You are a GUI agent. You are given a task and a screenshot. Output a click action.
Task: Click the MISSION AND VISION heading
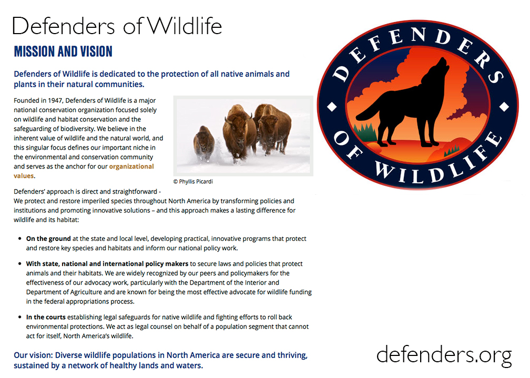[63, 51]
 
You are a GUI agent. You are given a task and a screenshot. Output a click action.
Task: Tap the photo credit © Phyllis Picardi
[193, 182]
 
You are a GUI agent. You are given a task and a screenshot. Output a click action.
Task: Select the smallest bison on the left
[204, 143]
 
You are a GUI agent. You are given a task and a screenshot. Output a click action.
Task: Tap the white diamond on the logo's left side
[332, 107]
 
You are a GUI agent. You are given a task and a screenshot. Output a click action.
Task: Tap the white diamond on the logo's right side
[504, 107]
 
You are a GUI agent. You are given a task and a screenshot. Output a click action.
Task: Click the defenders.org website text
[444, 355]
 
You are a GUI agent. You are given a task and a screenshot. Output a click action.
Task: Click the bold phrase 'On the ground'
[48, 238]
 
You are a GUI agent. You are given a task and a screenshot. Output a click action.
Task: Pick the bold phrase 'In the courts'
[46, 317]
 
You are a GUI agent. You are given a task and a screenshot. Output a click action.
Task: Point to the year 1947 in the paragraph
[55, 101]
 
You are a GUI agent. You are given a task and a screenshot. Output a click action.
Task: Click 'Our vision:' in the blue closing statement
[33, 355]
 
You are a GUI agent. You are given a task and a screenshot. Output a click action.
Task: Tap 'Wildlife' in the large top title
[184, 26]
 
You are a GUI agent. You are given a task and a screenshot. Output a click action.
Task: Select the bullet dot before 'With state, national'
[19, 264]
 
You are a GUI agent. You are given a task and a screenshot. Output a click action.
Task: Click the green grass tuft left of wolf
[365, 132]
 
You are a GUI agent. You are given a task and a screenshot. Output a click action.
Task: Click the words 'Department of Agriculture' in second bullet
[64, 292]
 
